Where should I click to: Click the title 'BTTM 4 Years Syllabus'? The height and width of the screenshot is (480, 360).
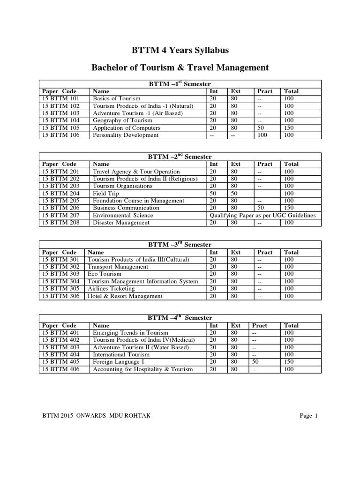point(180,50)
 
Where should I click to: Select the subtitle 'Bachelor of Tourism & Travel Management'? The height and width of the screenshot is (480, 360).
point(180,68)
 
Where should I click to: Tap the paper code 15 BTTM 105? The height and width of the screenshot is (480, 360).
point(61,128)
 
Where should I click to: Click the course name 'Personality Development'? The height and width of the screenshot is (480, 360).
point(126,135)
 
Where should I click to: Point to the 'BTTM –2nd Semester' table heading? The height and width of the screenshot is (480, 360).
point(180,157)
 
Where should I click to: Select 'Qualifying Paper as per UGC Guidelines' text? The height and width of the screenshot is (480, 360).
point(262,215)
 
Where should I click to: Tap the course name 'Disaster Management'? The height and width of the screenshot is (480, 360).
point(121,223)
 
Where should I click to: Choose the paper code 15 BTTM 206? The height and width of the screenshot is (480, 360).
point(61,208)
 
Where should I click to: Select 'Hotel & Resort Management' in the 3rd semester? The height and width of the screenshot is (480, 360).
point(125,296)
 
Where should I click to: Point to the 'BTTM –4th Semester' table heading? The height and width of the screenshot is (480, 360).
point(180,318)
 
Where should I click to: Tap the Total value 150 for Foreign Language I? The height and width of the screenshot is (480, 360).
point(289,362)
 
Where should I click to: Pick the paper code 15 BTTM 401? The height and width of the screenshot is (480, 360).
point(61,332)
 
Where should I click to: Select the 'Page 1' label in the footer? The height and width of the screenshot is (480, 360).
point(309,416)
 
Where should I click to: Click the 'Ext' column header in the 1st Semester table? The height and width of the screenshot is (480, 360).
point(236,91)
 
